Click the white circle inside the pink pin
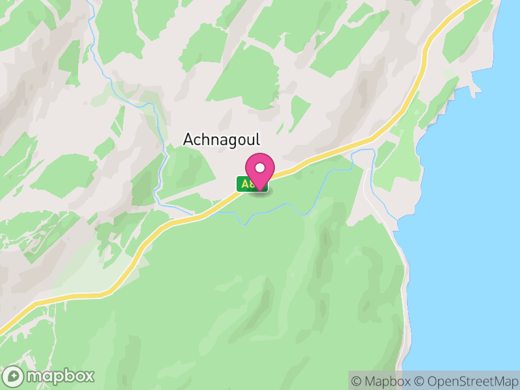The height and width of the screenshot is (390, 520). click(260, 168)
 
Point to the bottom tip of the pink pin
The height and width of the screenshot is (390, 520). click(260, 189)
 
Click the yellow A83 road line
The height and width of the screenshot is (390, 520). click(162, 227)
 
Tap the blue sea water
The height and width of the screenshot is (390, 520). click(468, 227)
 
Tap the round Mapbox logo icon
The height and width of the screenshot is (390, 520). click(13, 376)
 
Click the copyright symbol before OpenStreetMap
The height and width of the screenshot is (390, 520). click(419, 381)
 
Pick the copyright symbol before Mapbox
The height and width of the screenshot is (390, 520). click(357, 381)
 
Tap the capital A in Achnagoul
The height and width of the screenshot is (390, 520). click(188, 140)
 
